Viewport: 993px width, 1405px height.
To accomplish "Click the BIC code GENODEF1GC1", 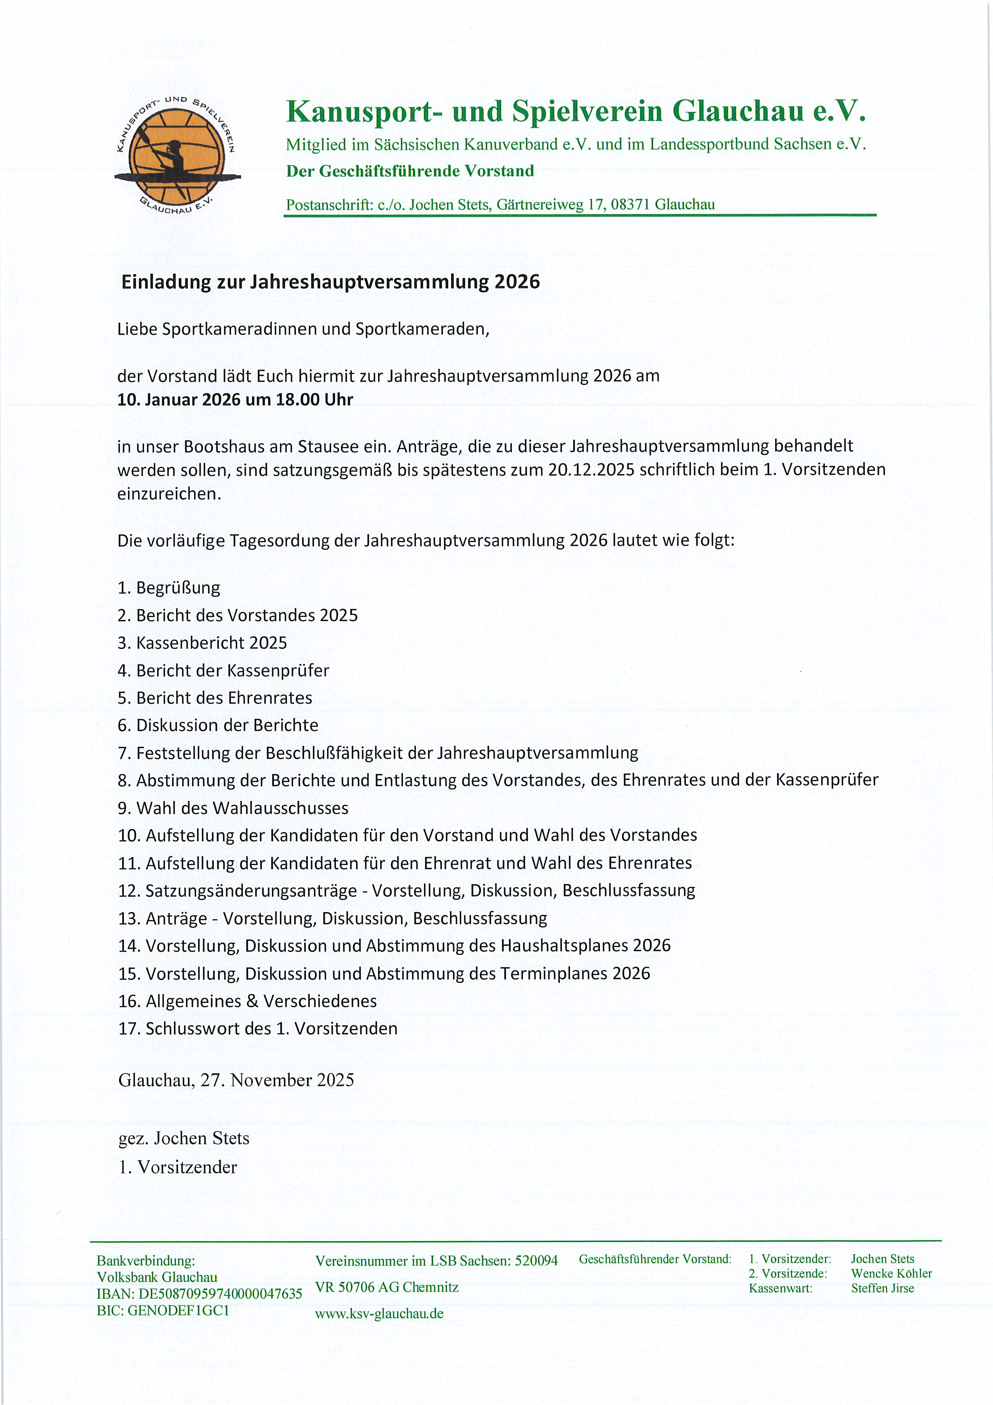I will [179, 1310].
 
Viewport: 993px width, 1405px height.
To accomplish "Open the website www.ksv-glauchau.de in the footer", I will [379, 1313].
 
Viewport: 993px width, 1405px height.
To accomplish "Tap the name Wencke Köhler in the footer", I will [891, 1274].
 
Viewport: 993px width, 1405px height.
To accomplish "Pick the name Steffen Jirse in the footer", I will [882, 1288].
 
